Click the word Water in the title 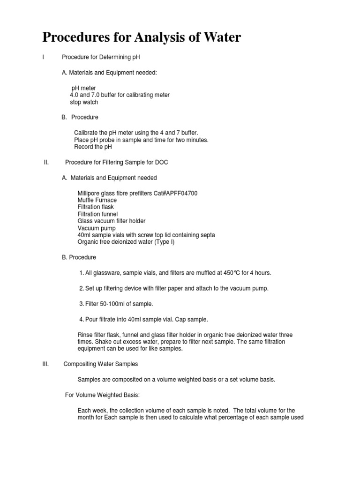coord(218,37)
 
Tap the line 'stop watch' coord(84,102)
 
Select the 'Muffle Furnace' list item coord(97,200)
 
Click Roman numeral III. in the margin coord(45,364)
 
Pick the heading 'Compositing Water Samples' coord(101,364)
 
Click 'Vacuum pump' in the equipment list coord(97,228)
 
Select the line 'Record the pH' coord(93,147)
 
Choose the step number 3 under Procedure coord(81,304)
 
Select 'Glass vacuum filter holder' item coord(112,221)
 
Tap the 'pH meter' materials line coord(83,88)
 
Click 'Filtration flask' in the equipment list coord(96,207)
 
